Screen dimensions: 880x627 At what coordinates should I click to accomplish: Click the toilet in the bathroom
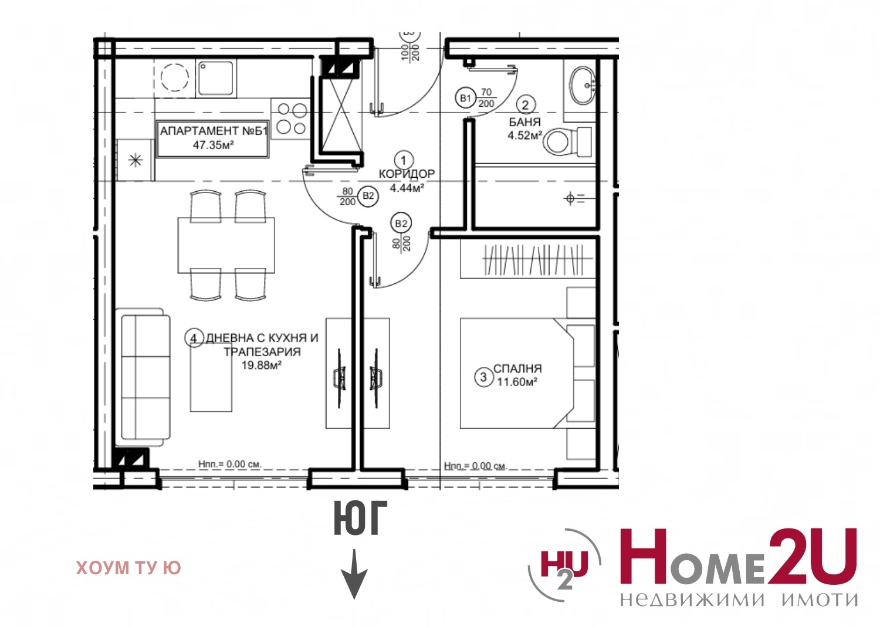(x=567, y=142)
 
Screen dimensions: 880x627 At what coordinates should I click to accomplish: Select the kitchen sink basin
(x=215, y=78)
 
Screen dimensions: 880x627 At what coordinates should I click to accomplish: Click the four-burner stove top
(x=291, y=118)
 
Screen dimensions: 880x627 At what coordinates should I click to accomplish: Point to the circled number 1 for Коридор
(x=404, y=160)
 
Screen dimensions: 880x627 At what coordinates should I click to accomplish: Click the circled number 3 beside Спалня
(x=483, y=377)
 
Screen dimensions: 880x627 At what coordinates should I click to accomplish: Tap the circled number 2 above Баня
(x=525, y=105)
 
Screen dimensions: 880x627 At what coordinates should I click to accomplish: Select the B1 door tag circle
(x=466, y=97)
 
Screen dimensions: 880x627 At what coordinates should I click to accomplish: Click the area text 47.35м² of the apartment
(x=214, y=145)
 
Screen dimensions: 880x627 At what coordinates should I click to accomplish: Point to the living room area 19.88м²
(x=262, y=365)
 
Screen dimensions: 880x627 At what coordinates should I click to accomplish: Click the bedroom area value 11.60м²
(x=517, y=381)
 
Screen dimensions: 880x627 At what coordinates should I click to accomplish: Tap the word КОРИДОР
(x=407, y=174)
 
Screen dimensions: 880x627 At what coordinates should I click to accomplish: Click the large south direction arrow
(x=354, y=574)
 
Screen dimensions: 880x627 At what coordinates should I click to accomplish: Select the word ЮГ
(x=360, y=518)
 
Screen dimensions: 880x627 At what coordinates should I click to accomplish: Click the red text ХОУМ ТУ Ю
(x=128, y=568)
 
